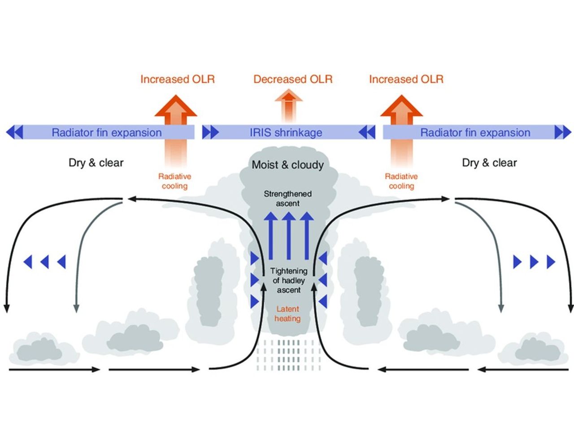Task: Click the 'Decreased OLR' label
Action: [x=293, y=79]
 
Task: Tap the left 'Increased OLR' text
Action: [x=178, y=79]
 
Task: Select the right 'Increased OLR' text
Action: [x=406, y=79]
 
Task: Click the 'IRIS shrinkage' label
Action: [x=286, y=133]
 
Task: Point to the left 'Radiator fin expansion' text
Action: [x=107, y=133]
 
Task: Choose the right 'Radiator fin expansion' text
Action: [x=475, y=133]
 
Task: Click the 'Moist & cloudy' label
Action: [x=287, y=165]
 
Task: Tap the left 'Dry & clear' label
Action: [x=96, y=162]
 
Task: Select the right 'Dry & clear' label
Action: [x=489, y=162]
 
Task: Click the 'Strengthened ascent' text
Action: [x=288, y=199]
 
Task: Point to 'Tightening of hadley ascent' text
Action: [x=288, y=280]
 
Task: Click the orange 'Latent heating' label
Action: [x=287, y=314]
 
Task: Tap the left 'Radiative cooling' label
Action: [x=174, y=181]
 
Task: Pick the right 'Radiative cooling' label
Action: [x=401, y=181]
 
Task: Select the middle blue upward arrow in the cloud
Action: [x=289, y=235]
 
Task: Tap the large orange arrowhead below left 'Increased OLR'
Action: [x=176, y=108]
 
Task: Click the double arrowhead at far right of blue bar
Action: [x=562, y=132]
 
